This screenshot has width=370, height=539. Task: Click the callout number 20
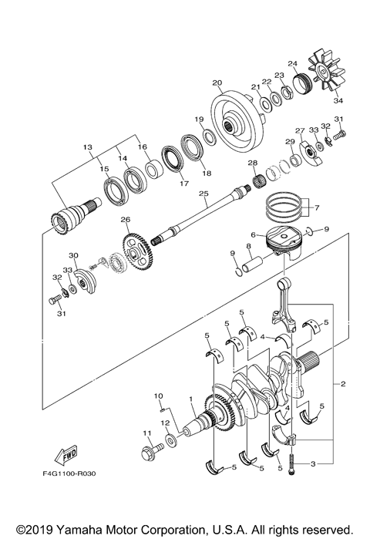coord(217,83)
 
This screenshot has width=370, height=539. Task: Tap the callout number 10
coord(158,396)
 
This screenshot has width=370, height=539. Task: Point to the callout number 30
coord(74,256)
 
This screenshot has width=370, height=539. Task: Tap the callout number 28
coord(251,163)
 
